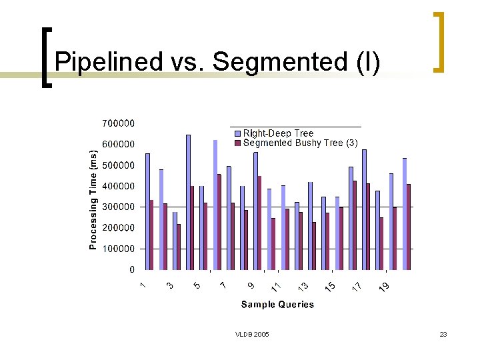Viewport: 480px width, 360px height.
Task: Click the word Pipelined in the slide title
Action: (x=107, y=62)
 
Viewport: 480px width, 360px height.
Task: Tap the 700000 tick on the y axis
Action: (x=118, y=123)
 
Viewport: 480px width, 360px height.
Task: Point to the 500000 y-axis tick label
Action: (x=118, y=165)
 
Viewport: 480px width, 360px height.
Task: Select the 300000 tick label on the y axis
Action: (x=118, y=207)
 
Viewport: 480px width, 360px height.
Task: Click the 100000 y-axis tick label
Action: (x=118, y=249)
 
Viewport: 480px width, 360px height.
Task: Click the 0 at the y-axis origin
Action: (x=131, y=270)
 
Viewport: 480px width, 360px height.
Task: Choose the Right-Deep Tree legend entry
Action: (x=278, y=133)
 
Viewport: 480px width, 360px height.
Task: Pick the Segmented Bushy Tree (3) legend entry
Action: (x=300, y=143)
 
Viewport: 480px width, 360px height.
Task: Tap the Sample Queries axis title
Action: (x=277, y=305)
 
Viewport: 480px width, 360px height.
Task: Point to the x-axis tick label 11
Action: (x=275, y=287)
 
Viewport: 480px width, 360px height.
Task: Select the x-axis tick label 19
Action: (x=384, y=287)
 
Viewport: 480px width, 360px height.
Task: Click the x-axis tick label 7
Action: (x=223, y=285)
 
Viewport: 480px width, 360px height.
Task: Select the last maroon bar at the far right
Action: (x=409, y=227)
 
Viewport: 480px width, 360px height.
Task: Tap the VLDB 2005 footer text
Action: (x=252, y=334)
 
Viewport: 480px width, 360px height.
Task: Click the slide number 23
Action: (x=443, y=334)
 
